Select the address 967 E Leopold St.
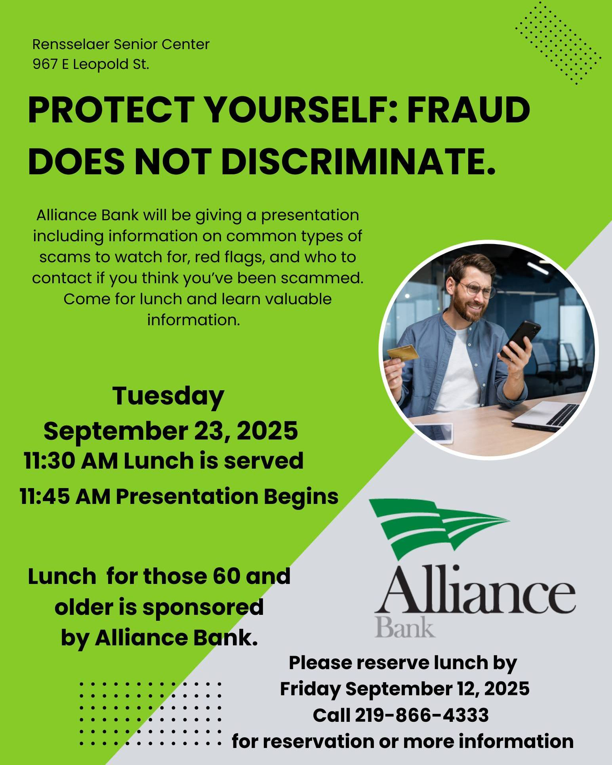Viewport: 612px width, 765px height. tap(91, 64)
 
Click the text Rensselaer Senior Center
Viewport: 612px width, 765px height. tap(121, 44)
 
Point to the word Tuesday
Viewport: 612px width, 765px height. tap(168, 396)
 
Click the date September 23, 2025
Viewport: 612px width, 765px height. tap(171, 431)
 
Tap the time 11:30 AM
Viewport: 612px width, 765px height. tap(71, 461)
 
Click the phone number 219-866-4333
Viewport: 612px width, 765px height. tap(421, 715)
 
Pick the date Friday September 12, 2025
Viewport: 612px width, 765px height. tap(404, 689)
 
